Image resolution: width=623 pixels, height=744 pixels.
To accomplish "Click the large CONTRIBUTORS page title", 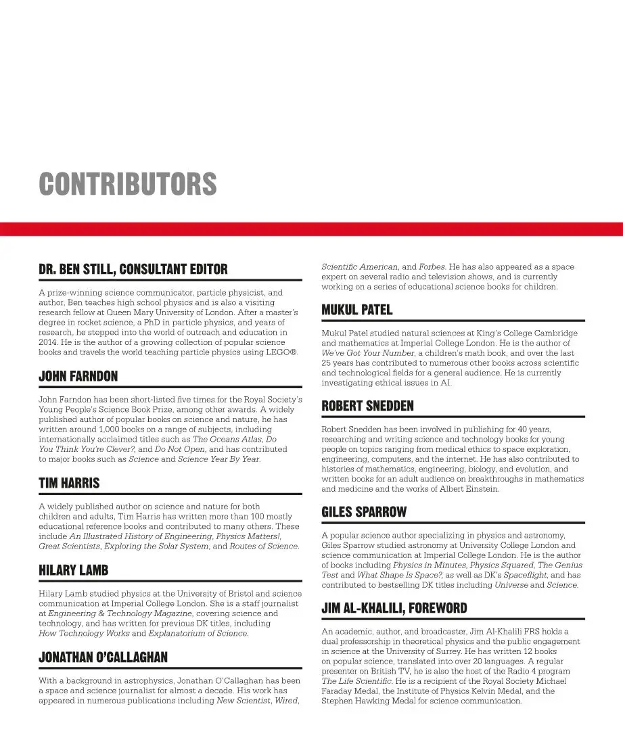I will coord(128,184).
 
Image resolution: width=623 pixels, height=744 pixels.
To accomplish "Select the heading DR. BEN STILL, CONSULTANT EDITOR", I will coord(133,269).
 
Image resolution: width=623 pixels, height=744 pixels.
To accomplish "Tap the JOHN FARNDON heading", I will coord(78,376).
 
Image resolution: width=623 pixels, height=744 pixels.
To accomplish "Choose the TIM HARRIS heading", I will coord(69,483).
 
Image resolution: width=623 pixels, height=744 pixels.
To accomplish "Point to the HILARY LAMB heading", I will coord(74,570).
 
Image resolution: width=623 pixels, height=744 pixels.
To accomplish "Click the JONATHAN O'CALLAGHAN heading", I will coord(103,657).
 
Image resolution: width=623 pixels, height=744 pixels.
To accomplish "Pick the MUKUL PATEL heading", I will coord(356,310).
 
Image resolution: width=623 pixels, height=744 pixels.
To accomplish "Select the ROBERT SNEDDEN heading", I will coord(367,406).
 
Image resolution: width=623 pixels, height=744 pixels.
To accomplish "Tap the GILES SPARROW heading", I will coord(364,512).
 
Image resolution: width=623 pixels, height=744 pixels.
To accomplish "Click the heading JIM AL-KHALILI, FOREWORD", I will coord(394,608).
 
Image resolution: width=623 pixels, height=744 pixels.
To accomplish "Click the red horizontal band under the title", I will coord(311,229).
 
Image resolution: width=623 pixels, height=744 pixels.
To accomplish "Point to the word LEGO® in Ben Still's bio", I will coord(281,352).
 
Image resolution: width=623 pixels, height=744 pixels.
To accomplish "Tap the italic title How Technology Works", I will coord(84,633).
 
